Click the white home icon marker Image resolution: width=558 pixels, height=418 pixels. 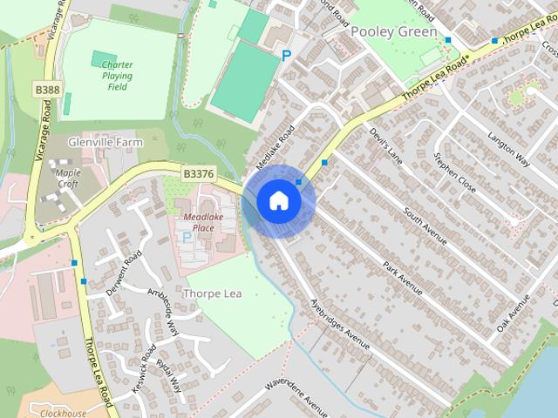(278, 201)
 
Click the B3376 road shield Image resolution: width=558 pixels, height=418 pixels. (199, 174)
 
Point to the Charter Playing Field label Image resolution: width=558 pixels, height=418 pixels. (117, 76)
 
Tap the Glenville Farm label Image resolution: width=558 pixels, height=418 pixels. (105, 141)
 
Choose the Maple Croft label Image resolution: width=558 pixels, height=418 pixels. (67, 178)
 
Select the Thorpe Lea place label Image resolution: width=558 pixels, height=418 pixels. (213, 293)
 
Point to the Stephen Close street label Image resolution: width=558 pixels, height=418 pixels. (455, 172)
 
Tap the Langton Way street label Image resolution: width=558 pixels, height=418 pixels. (509, 145)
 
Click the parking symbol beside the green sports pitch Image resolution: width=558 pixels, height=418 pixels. (286, 56)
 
